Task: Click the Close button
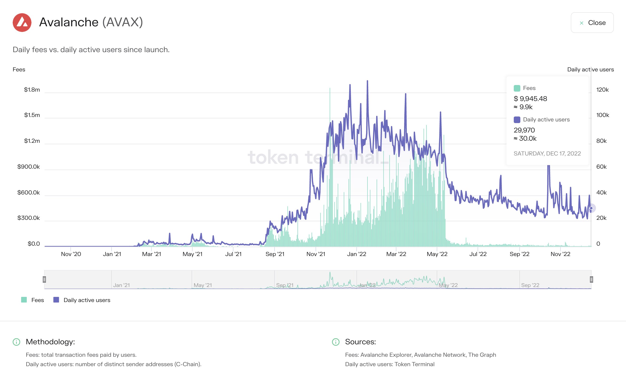592,23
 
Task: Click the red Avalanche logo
22,23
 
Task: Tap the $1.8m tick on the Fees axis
32,90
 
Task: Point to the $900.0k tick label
28,167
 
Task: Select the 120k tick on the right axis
602,90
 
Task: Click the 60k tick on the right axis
601,167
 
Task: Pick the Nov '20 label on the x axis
71,254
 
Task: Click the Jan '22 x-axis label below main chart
356,254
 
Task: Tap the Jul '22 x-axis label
478,254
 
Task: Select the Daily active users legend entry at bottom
82,300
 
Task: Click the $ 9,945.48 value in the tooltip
530,99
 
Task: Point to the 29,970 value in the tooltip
524,130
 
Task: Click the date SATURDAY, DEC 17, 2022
547,154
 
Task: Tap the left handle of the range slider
44,279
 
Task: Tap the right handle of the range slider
591,279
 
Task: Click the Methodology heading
50,342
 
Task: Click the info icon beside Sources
336,342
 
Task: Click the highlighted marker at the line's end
591,208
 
